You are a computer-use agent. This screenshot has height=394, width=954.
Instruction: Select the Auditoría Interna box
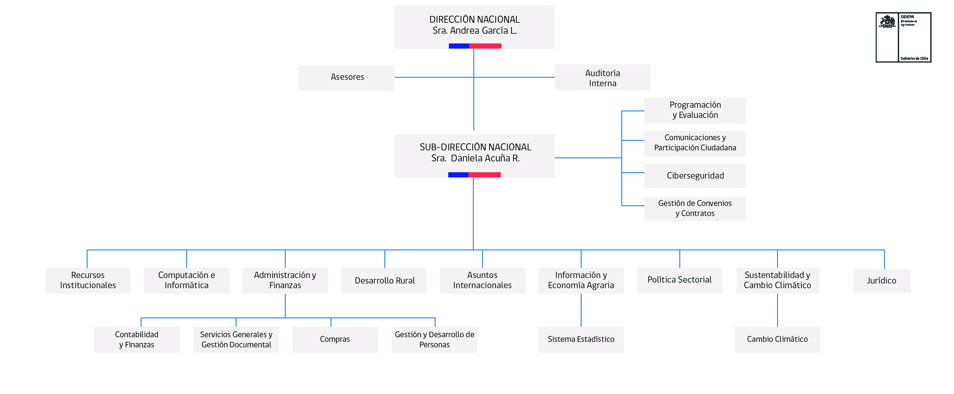602,78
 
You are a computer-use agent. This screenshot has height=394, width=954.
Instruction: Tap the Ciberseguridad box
695,176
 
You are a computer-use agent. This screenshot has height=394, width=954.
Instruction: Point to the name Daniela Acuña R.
485,158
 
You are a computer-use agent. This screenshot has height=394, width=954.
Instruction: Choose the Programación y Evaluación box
695,110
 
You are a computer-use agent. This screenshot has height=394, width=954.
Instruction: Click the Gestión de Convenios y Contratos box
695,209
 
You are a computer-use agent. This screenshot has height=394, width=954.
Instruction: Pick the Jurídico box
881,281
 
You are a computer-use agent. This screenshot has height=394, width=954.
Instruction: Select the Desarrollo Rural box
384,281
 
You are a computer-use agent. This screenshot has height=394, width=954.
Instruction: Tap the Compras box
335,339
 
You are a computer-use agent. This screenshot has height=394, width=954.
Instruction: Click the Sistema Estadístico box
581,339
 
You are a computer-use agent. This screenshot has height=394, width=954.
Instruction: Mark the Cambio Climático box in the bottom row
777,339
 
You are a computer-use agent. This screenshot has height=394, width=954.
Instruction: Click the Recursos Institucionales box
88,280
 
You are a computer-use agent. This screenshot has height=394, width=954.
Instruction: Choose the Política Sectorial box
679,280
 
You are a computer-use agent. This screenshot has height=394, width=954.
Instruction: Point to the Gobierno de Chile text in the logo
914,58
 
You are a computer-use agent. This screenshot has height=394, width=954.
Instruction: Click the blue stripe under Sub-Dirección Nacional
458,175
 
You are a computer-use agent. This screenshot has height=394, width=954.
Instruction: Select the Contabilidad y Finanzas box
137,339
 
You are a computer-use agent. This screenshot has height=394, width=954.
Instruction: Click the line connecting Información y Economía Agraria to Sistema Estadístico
581,310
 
